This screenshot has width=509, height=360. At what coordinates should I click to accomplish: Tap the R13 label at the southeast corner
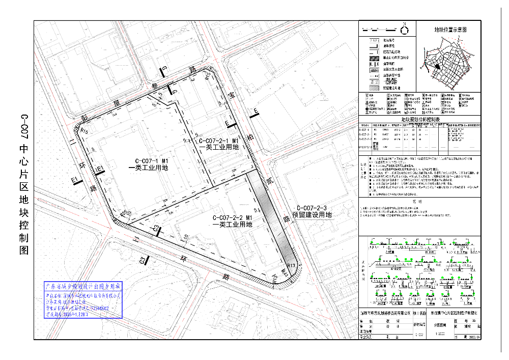point(291,266)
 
